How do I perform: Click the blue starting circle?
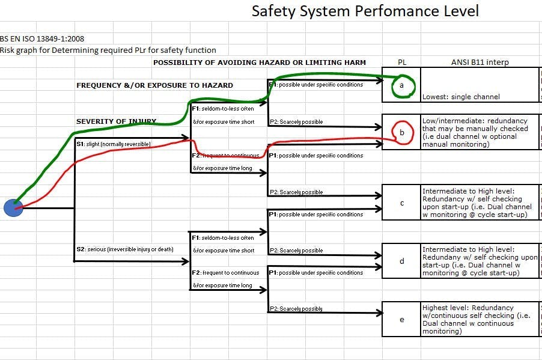pos(13,208)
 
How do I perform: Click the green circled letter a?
pos(401,85)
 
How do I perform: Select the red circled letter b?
pos(402,132)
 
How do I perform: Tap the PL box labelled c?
pos(401,203)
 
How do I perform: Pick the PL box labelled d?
pos(401,261)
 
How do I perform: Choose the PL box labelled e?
pos(401,319)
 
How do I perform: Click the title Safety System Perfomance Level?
pos(365,11)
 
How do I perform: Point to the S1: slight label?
pos(113,144)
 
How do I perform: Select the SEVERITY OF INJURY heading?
pos(116,121)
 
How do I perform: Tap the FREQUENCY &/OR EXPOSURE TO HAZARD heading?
pos(154,85)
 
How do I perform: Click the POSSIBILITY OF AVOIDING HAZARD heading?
pos(259,63)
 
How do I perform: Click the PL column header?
pos(402,63)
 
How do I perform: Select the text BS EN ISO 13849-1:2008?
pos(42,38)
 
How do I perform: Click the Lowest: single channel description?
pos(460,96)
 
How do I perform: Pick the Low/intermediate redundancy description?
pos(475,132)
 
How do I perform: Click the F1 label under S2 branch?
pos(222,238)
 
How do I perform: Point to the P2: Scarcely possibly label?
pos(296,309)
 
